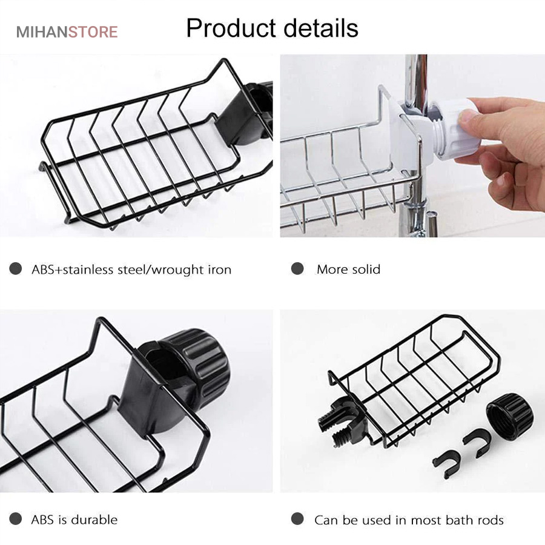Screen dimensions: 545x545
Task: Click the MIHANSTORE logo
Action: click(67, 31)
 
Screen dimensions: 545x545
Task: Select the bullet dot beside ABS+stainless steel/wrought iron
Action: click(16, 269)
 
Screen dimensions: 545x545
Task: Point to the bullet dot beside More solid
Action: click(297, 269)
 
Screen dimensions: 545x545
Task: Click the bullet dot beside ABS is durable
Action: click(16, 519)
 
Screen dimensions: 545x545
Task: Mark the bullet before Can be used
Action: click(297, 519)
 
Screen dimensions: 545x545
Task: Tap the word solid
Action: click(365, 269)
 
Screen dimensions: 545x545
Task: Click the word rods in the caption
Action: click(490, 520)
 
